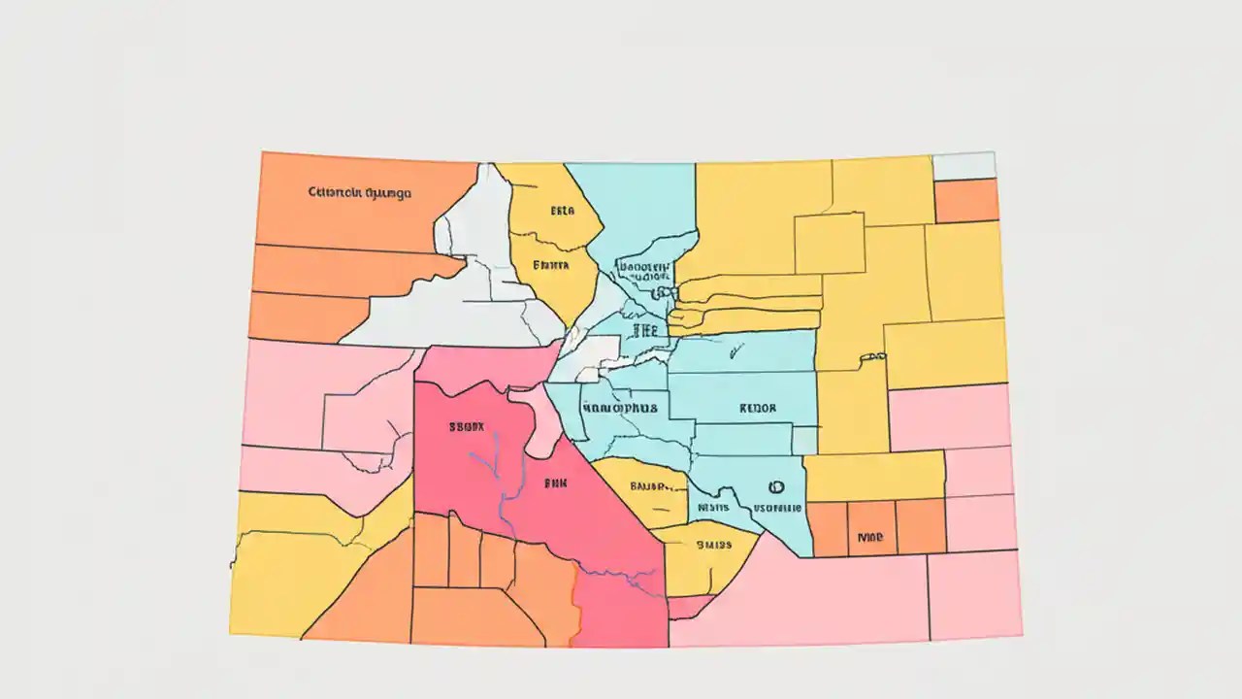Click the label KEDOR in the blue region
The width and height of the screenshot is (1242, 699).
pos(758,409)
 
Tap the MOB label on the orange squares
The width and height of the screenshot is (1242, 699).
pos(870,535)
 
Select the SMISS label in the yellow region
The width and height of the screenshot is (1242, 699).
pos(712,545)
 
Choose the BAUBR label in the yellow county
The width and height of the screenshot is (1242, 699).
pos(650,486)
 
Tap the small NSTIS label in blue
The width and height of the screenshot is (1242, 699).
pos(713,507)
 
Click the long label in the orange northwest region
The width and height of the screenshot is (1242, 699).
pos(359,192)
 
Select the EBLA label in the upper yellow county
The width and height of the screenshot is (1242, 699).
pos(563,210)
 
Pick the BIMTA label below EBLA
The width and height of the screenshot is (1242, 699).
pos(551,263)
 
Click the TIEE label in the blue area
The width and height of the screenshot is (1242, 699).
pos(644,330)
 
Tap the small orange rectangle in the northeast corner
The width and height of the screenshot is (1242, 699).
pos(965,201)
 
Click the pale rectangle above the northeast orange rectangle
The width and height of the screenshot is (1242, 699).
pos(964,165)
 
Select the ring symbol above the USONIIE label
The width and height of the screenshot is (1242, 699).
pos(775,487)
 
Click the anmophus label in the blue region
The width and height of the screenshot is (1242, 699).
pos(618,409)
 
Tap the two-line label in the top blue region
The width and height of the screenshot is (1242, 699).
pos(644,270)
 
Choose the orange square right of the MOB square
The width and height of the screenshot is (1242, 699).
pos(920,527)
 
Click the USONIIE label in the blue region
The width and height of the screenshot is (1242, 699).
pos(777,508)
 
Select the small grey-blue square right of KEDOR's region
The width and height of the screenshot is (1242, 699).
pos(804,441)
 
